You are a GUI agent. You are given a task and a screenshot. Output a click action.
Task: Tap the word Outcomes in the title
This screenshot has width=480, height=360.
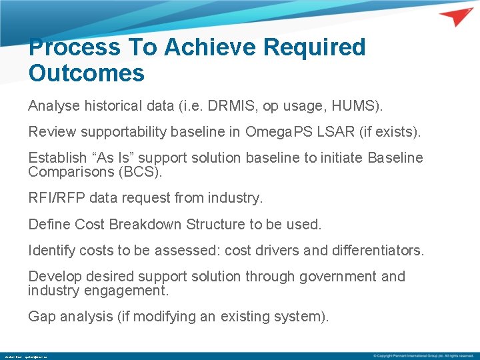pos(87,73)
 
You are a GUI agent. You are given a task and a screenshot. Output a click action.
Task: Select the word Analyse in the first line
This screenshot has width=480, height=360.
pos(51,106)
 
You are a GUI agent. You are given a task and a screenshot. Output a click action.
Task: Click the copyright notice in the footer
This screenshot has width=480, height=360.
pos(423,355)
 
